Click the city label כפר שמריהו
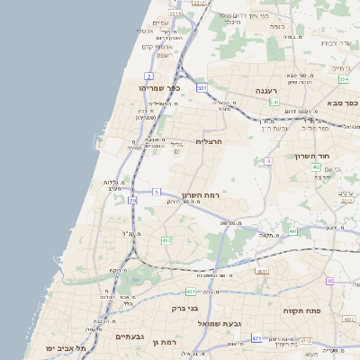click(x=160, y=87)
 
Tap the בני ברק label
click(x=184, y=308)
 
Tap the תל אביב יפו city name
click(x=68, y=347)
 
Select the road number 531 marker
click(x=202, y=87)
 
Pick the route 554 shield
click(x=343, y=80)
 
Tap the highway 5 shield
click(x=157, y=192)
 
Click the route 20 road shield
click(x=132, y=201)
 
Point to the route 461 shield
click(x=190, y=292)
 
